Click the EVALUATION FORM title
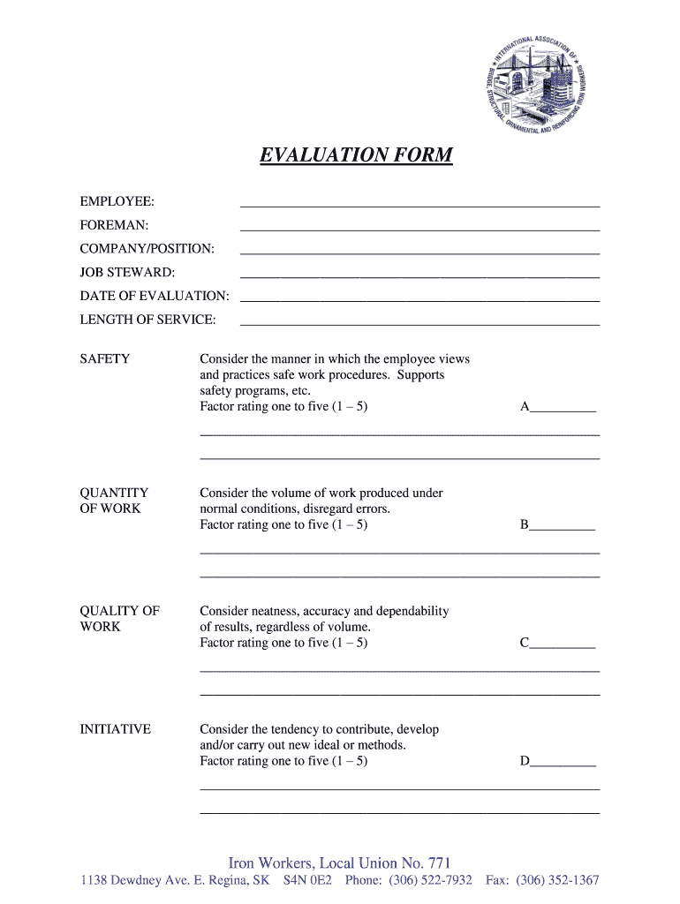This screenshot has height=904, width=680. [356, 156]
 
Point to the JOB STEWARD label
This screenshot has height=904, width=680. [127, 272]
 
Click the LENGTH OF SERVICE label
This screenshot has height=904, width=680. [147, 319]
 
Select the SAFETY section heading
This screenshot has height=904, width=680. [105, 359]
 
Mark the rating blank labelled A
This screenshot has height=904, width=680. [563, 409]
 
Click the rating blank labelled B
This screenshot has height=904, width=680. [563, 526]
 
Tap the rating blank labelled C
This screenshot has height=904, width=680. [563, 644]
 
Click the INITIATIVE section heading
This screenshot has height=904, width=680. [116, 729]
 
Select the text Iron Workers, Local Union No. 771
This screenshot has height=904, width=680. [339, 863]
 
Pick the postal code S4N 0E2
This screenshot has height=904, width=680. [307, 881]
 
